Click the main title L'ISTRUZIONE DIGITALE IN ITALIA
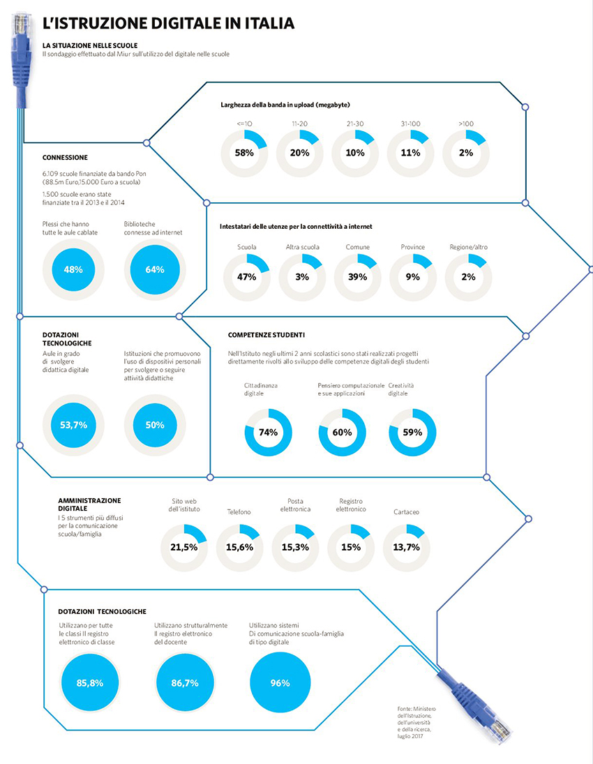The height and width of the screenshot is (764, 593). pyautogui.click(x=169, y=23)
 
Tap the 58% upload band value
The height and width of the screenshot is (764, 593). pyautogui.click(x=244, y=153)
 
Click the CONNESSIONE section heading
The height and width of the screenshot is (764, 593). pyautogui.click(x=65, y=158)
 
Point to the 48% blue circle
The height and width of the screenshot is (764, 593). pyautogui.click(x=73, y=269)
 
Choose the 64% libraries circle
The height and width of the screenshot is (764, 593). pyautogui.click(x=155, y=269)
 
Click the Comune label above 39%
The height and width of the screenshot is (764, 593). pyautogui.click(x=358, y=247)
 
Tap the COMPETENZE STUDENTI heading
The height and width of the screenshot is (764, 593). pyautogui.click(x=267, y=335)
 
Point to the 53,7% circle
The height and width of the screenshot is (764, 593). pyautogui.click(x=73, y=425)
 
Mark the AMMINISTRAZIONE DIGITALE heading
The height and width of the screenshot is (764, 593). pyautogui.click(x=89, y=504)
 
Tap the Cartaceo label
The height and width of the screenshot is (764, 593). pyautogui.click(x=406, y=512)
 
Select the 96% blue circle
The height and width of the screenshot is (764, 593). pyautogui.click(x=280, y=683)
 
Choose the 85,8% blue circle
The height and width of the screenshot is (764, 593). pyautogui.click(x=90, y=683)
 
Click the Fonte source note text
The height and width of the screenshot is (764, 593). pyautogui.click(x=416, y=723)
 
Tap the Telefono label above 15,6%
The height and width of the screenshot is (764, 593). pyautogui.click(x=239, y=512)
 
